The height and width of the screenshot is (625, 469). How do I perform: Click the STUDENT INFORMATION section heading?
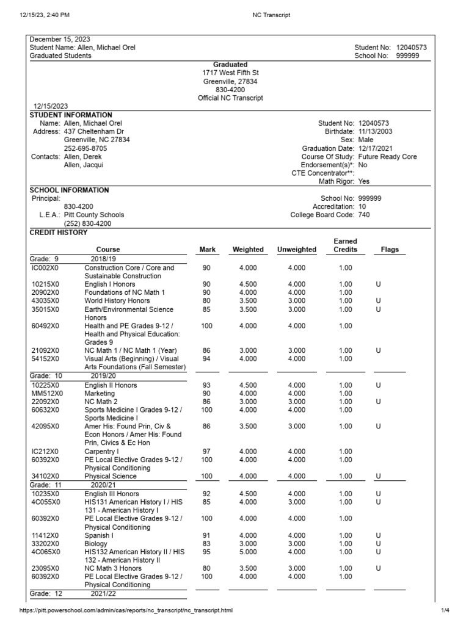[71, 115]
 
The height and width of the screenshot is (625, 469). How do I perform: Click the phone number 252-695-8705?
[86, 148]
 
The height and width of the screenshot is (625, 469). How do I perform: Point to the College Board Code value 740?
[363, 215]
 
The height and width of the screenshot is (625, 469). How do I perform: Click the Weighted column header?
[248, 250]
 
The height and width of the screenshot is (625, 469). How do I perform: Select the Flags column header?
[390, 250]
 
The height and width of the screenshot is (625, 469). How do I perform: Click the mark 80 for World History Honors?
[206, 301]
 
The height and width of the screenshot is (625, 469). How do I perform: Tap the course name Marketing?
[99, 394]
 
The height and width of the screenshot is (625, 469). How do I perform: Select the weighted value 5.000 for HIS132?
[248, 552]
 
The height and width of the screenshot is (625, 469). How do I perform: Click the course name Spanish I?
[99, 535]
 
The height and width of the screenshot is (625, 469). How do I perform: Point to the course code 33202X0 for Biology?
[46, 544]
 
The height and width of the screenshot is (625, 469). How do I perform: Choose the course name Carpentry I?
[102, 452]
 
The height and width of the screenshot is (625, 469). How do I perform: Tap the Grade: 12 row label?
[46, 593]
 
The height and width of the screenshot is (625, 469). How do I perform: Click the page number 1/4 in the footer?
[444, 610]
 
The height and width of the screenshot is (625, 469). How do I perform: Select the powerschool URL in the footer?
[126, 610]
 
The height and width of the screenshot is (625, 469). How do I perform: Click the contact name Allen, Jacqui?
[84, 165]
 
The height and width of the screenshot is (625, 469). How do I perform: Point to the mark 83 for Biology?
[206, 544]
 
